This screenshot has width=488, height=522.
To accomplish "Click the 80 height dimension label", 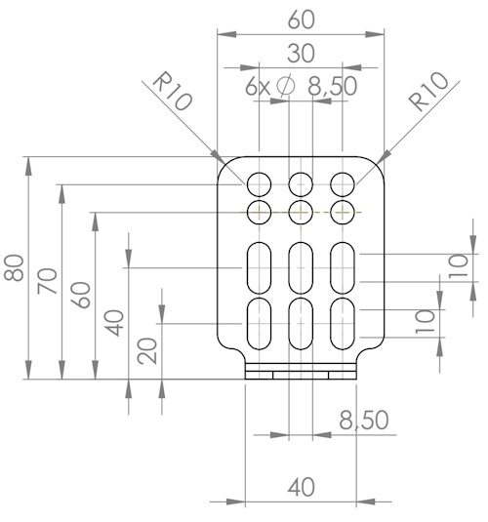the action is click(x=14, y=267).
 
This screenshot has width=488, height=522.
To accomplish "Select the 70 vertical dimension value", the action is click(x=47, y=281).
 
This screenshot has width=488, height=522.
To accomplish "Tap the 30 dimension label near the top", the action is click(x=301, y=54).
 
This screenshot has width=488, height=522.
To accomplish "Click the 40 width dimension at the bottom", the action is click(x=302, y=488).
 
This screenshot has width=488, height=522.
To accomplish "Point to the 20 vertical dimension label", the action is click(x=147, y=351).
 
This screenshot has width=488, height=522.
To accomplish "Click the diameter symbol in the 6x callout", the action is click(x=286, y=86).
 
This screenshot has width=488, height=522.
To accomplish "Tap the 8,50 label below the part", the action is click(x=364, y=420).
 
